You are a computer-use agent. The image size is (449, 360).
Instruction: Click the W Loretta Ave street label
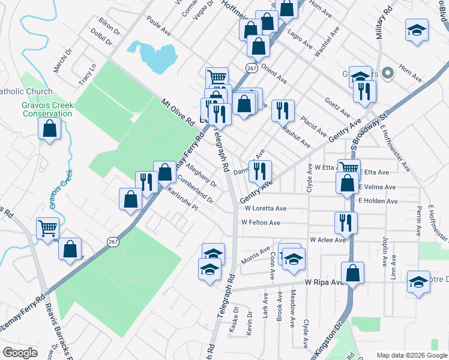click(265, 208)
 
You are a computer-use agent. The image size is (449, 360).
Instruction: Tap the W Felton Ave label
click(261, 223)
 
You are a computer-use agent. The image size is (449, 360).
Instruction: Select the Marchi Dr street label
click(62, 60)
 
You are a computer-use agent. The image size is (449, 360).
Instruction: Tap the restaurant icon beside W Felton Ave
click(346, 222)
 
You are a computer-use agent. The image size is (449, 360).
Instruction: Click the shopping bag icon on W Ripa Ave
click(353, 272)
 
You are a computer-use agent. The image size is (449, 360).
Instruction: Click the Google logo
click(20, 353)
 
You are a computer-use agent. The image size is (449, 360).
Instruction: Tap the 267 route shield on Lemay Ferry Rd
click(113, 241)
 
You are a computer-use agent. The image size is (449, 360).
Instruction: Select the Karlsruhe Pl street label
click(182, 202)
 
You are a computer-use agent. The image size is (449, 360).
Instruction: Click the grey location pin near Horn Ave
click(387, 73)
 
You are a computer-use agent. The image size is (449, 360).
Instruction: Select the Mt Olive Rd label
click(178, 112)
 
